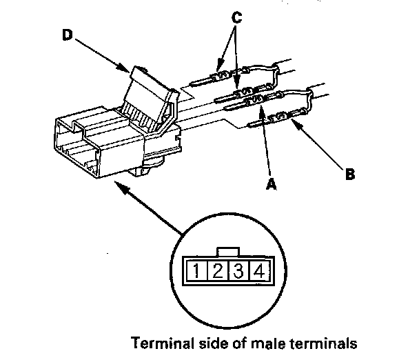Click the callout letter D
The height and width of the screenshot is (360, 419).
(x=68, y=35)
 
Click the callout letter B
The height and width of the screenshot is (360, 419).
(x=350, y=175)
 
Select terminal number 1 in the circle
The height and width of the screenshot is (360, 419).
(x=196, y=270)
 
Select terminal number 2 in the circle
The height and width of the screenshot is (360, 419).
(x=216, y=270)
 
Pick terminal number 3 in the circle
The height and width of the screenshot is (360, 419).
(x=237, y=270)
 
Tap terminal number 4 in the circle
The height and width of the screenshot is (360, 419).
(x=258, y=270)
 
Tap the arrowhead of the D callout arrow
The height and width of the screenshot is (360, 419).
(x=125, y=70)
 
